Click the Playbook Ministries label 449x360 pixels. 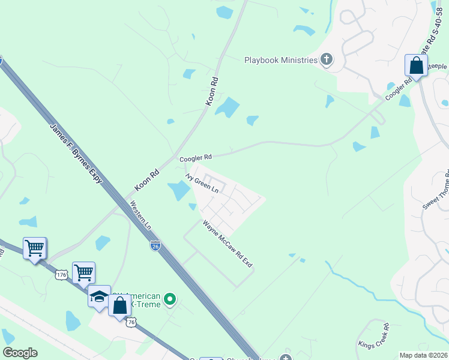pyautogui.click(x=280, y=60)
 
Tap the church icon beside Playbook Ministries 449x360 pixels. pyautogui.click(x=327, y=59)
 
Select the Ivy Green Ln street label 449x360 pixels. pyautogui.click(x=202, y=183)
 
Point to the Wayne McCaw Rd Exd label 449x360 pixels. pyautogui.click(x=228, y=244)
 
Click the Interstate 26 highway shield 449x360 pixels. pyautogui.click(x=155, y=246)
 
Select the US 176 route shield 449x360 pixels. pyautogui.click(x=61, y=275)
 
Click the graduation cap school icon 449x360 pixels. pyautogui.click(x=99, y=296)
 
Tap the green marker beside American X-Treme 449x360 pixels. pyautogui.click(x=170, y=298)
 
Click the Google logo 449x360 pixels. pyautogui.click(x=20, y=353)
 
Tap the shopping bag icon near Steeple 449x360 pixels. pyautogui.click(x=415, y=66)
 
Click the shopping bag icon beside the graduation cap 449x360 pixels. pyautogui.click(x=119, y=305)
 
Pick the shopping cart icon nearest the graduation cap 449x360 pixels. pyautogui.click(x=83, y=273)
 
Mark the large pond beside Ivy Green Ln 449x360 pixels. pyautogui.click(x=179, y=191)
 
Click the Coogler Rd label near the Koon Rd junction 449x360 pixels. pyautogui.click(x=196, y=158)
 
